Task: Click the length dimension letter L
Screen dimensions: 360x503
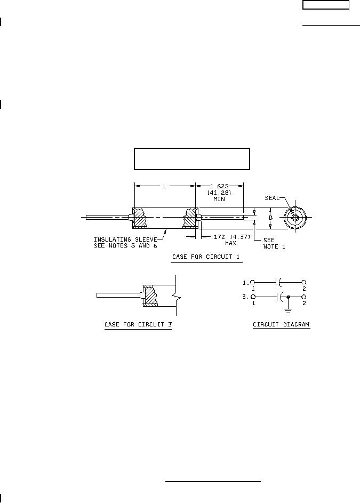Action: coord(165,186)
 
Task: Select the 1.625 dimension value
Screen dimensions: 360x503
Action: coord(219,186)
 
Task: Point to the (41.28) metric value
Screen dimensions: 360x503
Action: coord(219,193)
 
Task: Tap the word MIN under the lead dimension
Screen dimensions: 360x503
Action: coord(219,199)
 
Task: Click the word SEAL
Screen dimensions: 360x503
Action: coord(272,198)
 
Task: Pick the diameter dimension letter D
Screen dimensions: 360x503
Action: coord(270,218)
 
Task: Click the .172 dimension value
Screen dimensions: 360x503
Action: coord(218,237)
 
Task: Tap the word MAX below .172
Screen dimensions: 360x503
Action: coord(230,243)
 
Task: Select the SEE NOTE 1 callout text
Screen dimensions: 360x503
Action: coord(274,243)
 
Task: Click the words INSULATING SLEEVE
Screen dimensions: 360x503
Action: coord(125,239)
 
